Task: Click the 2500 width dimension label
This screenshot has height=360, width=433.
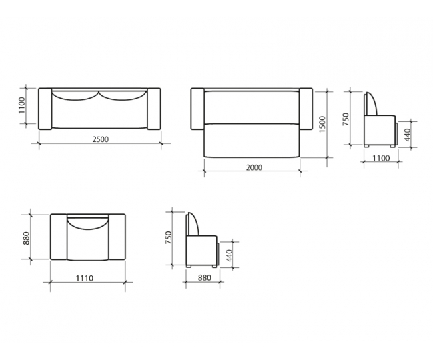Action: pos(100,139)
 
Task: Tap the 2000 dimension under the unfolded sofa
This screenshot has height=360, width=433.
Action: pos(254,167)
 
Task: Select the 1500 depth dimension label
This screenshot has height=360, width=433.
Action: pos(322,124)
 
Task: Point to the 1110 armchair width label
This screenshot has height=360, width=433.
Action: pos(85,278)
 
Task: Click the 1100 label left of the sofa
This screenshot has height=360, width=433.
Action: pos(21,105)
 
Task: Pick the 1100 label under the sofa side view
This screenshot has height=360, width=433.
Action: pos(381,158)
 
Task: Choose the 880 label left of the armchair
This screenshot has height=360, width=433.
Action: pos(26,238)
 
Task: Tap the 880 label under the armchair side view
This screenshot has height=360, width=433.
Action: pos(205,277)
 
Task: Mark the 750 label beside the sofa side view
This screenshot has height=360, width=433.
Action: pos(346,119)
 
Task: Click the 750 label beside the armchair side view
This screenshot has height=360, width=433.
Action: pos(168,237)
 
